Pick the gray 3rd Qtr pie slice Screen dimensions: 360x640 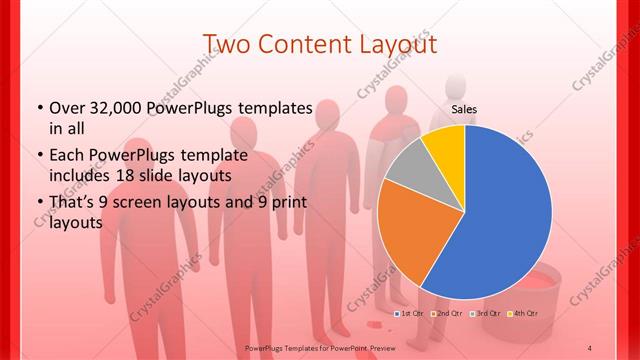pos(407,167)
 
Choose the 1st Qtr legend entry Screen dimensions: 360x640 pos(409,313)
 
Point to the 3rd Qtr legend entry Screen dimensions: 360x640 pos(485,313)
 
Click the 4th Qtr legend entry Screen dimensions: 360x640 pos(524,313)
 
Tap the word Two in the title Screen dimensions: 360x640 pos(227,45)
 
